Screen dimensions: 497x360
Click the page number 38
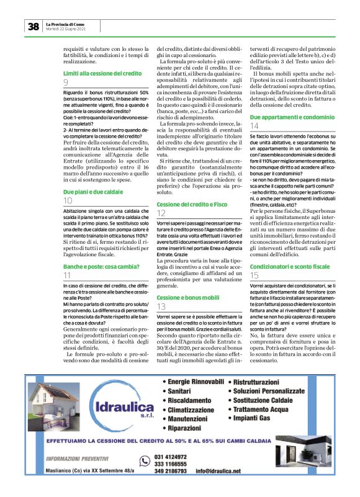(x=33, y=27)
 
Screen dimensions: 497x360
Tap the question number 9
(x=66, y=83)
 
